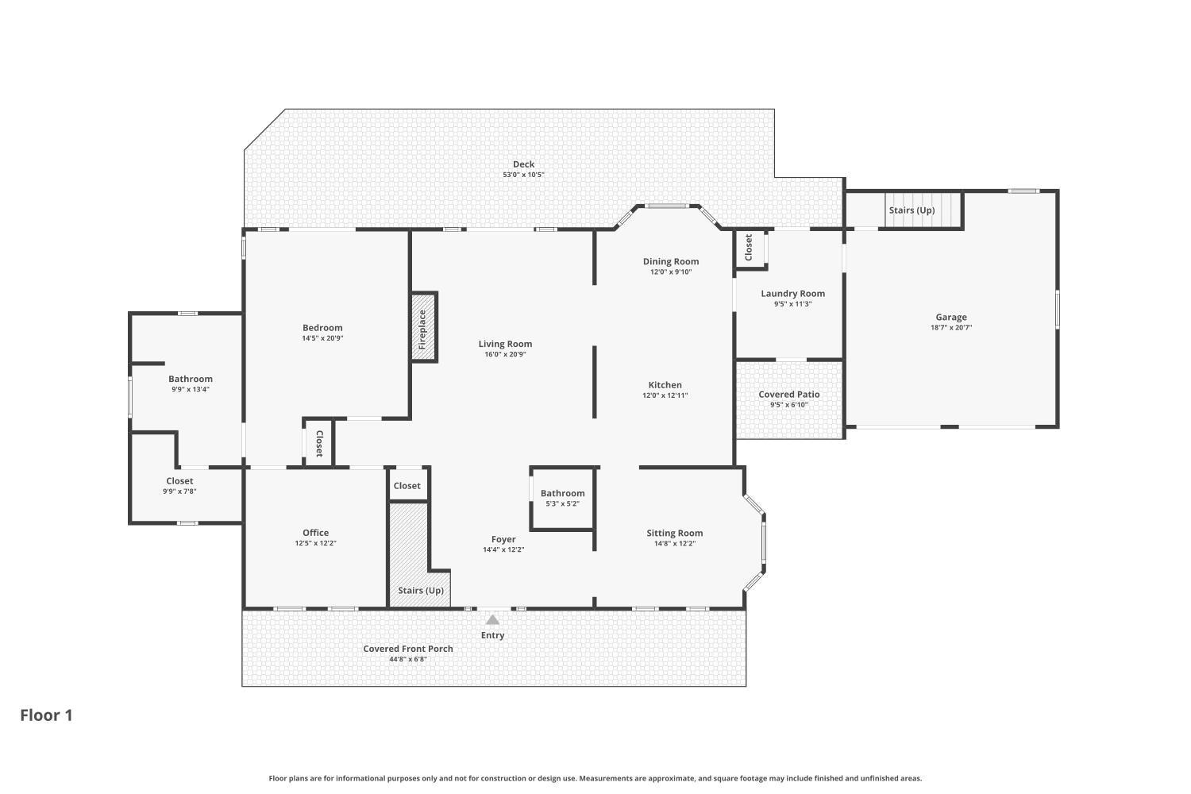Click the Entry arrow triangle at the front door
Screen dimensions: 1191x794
click(492, 619)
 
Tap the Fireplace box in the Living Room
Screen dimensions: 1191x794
click(424, 327)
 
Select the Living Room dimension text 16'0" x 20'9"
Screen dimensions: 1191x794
click(505, 355)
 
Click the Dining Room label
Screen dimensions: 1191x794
click(670, 261)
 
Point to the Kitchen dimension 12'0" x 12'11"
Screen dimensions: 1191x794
click(665, 395)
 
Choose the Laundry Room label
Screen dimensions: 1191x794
click(792, 294)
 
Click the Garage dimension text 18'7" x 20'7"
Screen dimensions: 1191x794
click(951, 328)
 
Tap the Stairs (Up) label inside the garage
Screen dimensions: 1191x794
click(912, 210)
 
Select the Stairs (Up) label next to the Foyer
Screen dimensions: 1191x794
click(421, 590)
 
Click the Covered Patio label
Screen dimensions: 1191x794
click(789, 394)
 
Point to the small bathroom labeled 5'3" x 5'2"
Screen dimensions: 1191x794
click(562, 499)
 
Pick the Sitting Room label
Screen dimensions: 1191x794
click(675, 533)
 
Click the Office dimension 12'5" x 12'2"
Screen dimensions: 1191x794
click(316, 544)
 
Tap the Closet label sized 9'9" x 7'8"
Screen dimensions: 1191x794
click(179, 480)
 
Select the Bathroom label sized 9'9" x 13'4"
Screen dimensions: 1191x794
click(191, 379)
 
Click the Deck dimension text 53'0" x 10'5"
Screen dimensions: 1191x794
click(524, 175)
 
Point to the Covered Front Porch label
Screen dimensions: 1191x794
click(408, 649)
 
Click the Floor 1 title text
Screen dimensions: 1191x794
click(46, 715)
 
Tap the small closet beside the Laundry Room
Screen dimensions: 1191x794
click(750, 249)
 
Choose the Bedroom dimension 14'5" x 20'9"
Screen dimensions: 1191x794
click(322, 338)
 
